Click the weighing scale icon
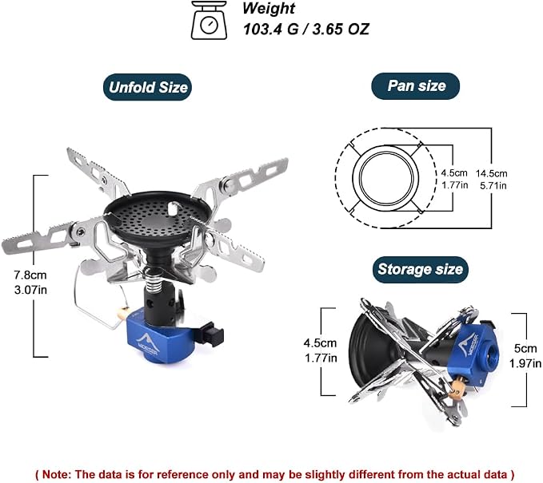point(210,21)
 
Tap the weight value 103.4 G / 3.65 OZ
point(306,29)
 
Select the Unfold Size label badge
point(147,87)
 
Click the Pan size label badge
point(416,86)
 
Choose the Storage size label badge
point(420,269)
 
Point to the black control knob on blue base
point(211,334)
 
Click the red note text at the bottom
point(275,473)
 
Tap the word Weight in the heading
point(269,8)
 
